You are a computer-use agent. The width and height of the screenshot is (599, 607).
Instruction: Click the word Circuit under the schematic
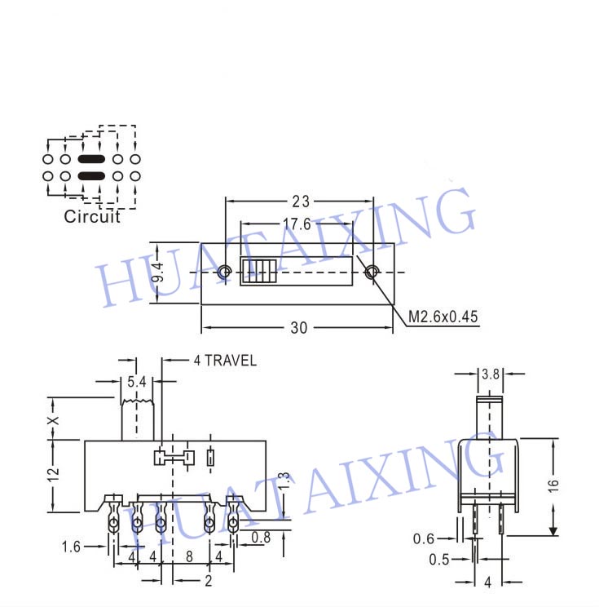tap(92, 216)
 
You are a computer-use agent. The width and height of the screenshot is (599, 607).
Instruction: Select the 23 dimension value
tap(301, 202)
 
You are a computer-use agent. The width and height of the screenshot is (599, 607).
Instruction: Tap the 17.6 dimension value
tap(297, 224)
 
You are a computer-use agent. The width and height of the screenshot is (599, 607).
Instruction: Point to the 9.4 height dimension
tap(158, 272)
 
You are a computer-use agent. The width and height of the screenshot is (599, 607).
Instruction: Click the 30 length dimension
tap(299, 328)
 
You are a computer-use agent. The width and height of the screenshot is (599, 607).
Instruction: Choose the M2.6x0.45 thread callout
tap(443, 317)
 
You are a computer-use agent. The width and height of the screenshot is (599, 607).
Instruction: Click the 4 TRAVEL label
tap(225, 361)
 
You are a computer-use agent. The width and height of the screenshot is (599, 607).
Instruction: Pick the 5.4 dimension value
tap(137, 382)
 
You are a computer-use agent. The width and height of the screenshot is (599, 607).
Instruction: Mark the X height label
tap(53, 420)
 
